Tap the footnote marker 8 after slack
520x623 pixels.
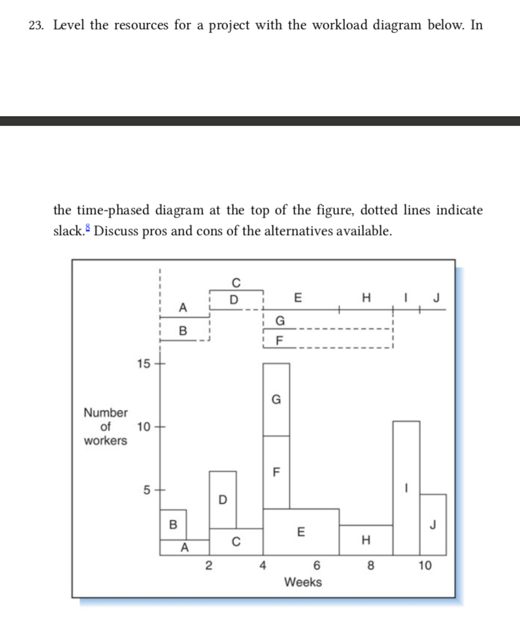click(88, 229)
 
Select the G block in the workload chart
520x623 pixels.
click(276, 399)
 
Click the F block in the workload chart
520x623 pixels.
click(276, 471)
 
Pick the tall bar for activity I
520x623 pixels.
click(406, 487)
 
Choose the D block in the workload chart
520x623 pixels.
click(223, 500)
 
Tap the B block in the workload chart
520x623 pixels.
click(172, 524)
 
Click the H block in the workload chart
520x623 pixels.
click(365, 539)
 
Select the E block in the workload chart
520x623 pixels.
click(301, 531)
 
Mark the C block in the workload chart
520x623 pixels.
click(236, 541)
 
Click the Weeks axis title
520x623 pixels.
click(303, 582)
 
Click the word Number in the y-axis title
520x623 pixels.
click(106, 413)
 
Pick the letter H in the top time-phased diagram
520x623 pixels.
click(366, 299)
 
